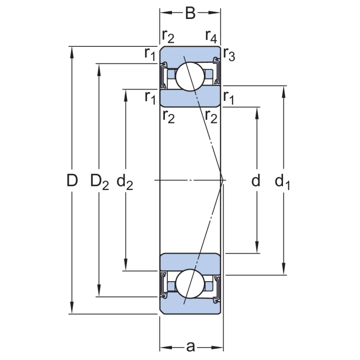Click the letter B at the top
pos(190,13)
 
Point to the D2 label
pos(99,181)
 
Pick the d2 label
pos(125,181)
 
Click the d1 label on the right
pos(283,181)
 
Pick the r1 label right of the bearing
pos(229,96)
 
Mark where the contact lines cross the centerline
pos(222,180)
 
